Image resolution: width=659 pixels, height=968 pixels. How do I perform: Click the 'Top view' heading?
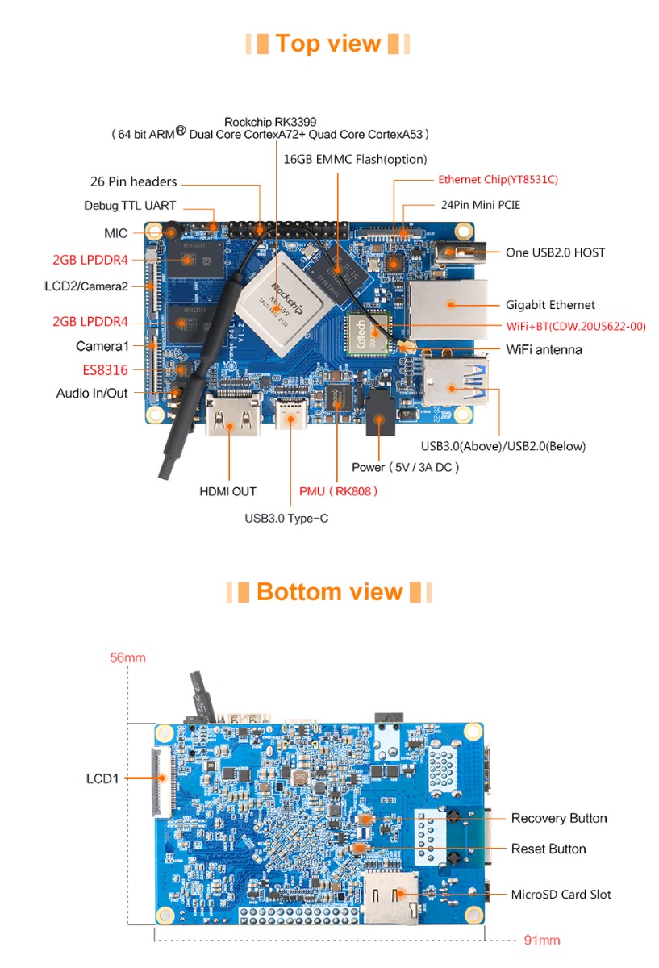327,44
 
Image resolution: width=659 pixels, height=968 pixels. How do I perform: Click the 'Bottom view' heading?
329,592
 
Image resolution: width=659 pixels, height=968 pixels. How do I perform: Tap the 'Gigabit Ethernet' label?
550,305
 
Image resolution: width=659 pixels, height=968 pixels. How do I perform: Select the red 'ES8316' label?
105,370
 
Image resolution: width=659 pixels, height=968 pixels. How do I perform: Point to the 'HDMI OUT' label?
227,491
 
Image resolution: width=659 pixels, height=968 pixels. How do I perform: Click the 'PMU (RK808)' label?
338,491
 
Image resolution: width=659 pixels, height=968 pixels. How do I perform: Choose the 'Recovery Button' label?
559,819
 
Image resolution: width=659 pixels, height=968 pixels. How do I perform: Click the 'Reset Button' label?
548,849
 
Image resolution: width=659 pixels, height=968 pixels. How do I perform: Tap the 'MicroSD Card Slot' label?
561,895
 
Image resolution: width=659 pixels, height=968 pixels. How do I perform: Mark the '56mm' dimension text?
127,658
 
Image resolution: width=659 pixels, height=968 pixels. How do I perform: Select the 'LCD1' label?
102,779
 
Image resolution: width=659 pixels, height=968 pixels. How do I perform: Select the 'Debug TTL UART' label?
130,206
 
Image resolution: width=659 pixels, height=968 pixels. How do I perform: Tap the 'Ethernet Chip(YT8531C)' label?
498,180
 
